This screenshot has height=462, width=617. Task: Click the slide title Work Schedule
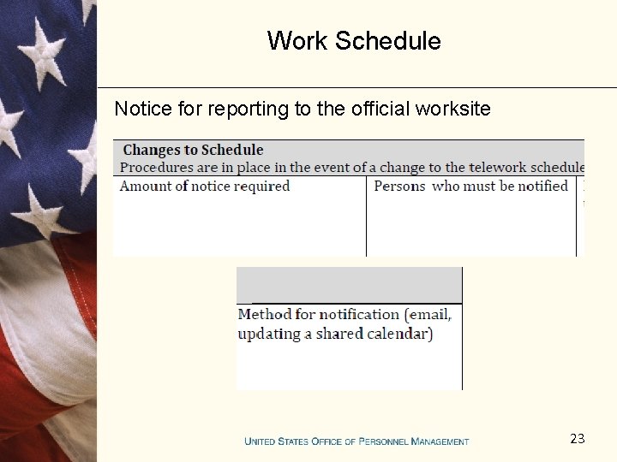354,41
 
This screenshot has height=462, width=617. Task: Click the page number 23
577,439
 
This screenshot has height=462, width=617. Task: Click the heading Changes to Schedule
193,150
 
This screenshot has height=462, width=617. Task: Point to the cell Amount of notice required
205,186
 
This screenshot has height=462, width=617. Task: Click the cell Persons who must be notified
470,186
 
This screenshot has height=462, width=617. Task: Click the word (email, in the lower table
430,314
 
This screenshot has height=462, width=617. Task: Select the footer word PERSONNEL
384,441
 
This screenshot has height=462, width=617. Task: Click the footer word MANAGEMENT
440,441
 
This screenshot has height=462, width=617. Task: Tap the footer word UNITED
260,441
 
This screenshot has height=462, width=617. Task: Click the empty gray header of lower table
349,285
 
